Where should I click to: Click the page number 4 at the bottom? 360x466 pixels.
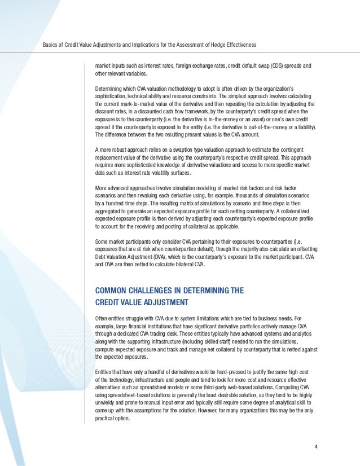[x=316, y=448]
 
